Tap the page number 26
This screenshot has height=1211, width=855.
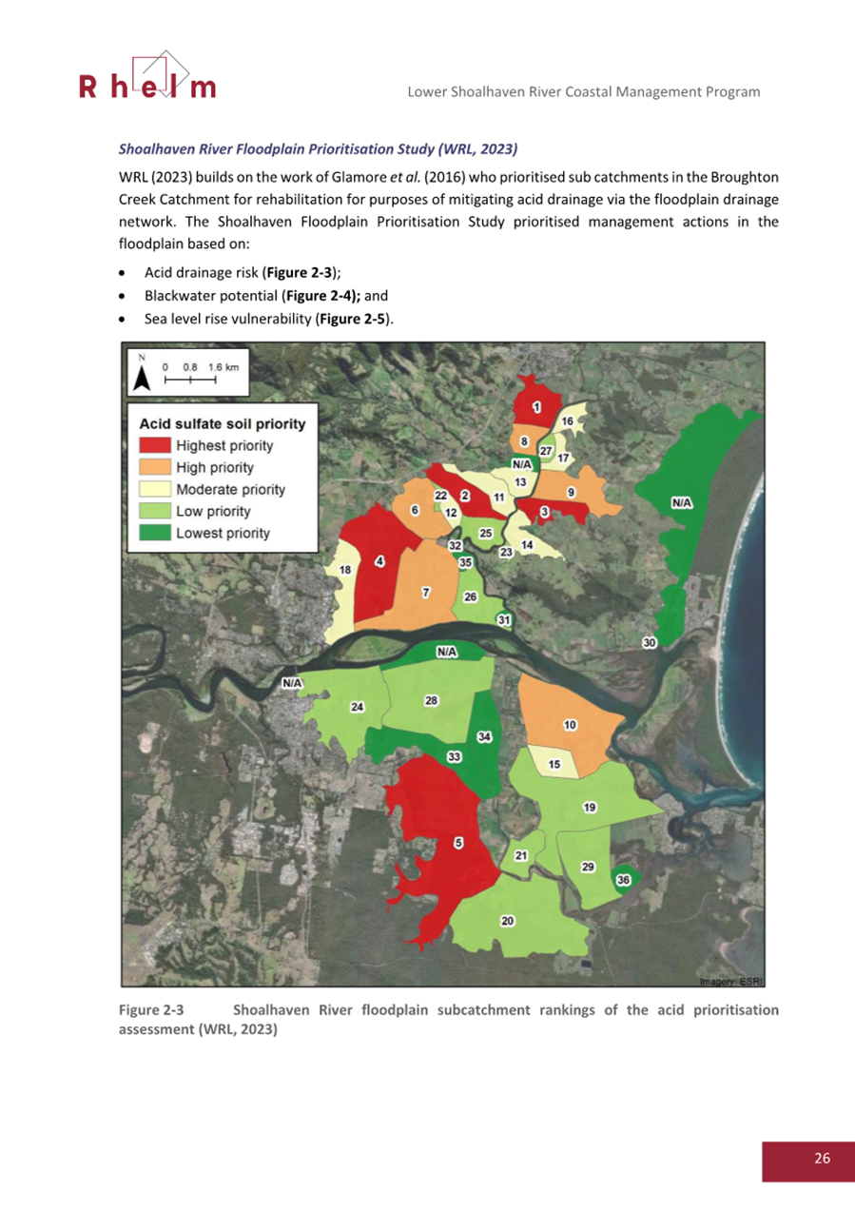click(822, 1158)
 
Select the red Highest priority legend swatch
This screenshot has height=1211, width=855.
click(154, 445)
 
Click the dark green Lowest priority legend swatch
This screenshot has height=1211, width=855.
click(154, 533)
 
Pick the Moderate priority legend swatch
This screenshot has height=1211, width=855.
click(154, 489)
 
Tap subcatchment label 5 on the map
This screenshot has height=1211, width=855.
click(458, 843)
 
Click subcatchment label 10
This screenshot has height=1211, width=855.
click(570, 725)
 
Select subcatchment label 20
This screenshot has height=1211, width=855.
click(508, 921)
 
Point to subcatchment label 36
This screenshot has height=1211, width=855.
click(623, 880)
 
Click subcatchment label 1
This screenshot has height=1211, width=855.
click(537, 407)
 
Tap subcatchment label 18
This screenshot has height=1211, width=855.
click(345, 570)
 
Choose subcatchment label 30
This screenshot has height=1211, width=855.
click(650, 644)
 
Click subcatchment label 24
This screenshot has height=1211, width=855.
click(357, 707)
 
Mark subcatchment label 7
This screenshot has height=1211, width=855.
click(427, 592)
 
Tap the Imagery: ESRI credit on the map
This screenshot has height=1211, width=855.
click(731, 980)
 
